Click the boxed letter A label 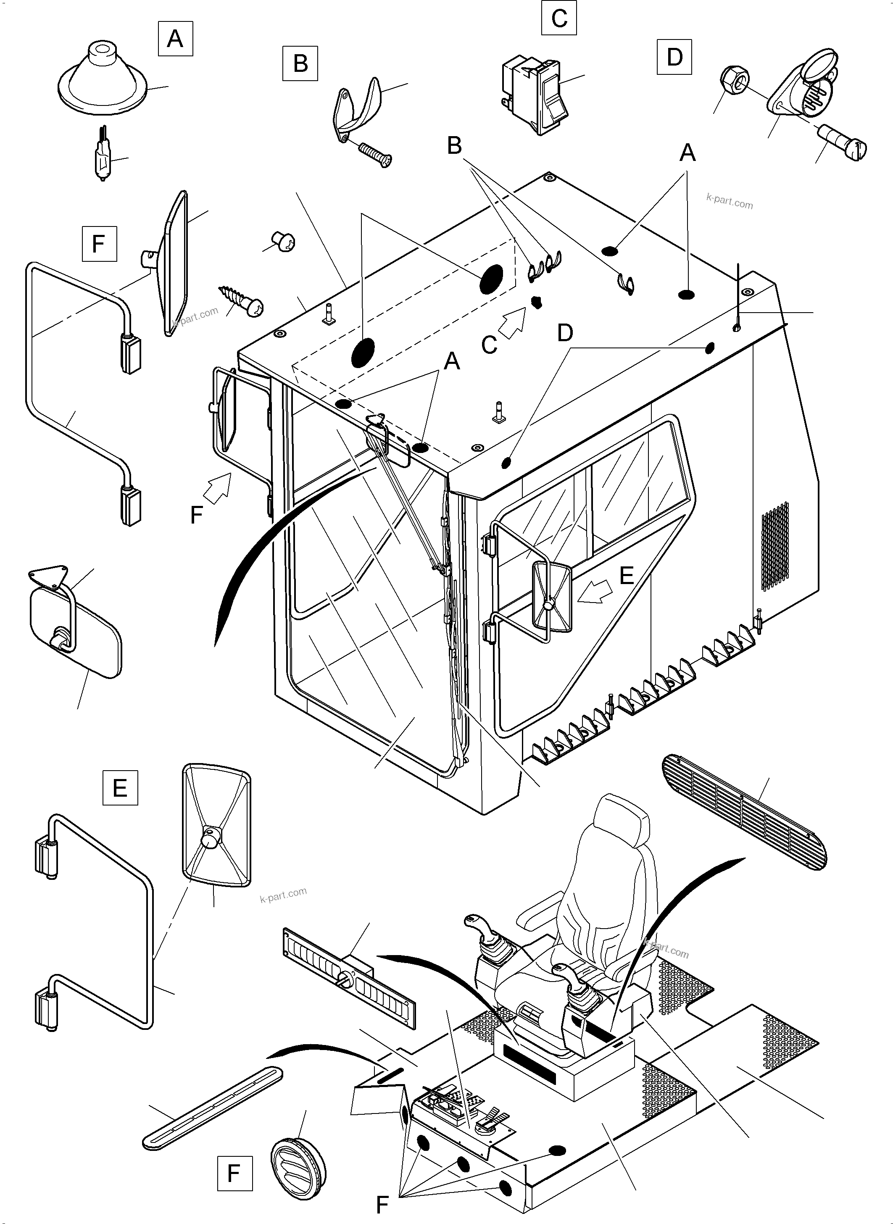click(175, 39)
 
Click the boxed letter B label click(300, 63)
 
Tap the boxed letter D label click(674, 57)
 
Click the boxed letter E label click(120, 787)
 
